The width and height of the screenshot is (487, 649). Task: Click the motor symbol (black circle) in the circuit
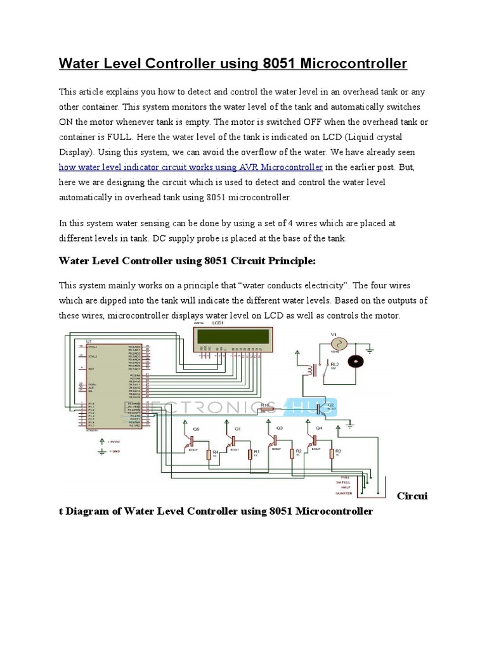point(356,361)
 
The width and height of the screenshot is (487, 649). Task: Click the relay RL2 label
point(334,364)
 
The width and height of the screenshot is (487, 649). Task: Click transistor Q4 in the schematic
point(313,439)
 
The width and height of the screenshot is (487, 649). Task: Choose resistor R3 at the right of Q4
point(330,453)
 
